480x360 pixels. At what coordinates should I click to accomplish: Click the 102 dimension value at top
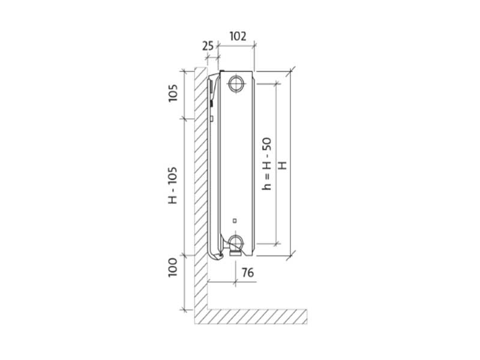click(x=238, y=36)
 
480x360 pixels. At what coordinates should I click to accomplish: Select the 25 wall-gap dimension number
click(x=208, y=45)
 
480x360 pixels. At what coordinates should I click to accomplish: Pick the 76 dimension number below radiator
click(x=247, y=272)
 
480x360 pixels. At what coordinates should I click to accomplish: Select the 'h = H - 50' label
click(x=267, y=164)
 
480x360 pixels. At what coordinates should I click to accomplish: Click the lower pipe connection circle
click(x=236, y=242)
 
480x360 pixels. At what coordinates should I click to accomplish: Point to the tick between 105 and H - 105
click(x=184, y=118)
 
